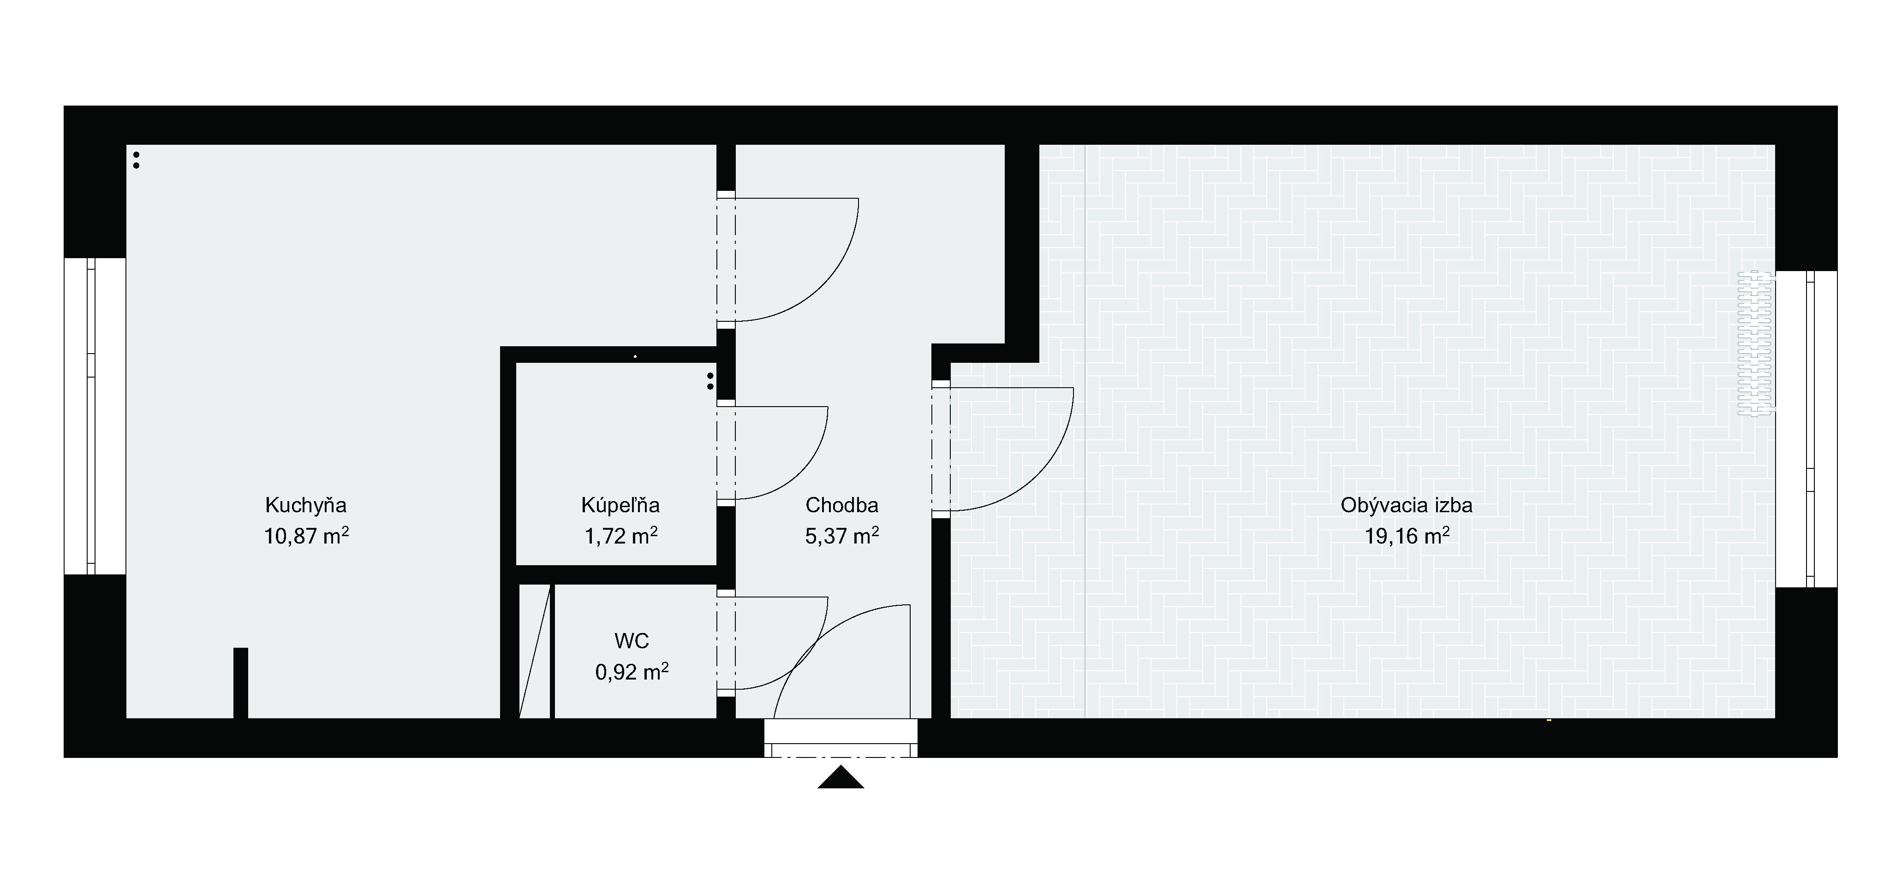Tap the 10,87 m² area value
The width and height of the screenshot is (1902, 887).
pyautogui.click(x=306, y=535)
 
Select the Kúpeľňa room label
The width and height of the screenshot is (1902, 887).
pyautogui.click(x=620, y=505)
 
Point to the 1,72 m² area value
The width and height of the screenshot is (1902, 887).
pyautogui.click(x=620, y=535)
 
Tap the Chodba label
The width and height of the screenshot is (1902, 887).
pyautogui.click(x=842, y=505)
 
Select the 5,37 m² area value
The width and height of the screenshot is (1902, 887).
pyautogui.click(x=842, y=535)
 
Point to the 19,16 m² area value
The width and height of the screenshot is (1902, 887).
pyautogui.click(x=1407, y=535)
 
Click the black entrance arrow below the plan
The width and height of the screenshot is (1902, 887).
pyautogui.click(x=841, y=778)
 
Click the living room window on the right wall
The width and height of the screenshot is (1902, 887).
pyautogui.click(x=1806, y=430)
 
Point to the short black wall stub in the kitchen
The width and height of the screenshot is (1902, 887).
pyautogui.click(x=241, y=683)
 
